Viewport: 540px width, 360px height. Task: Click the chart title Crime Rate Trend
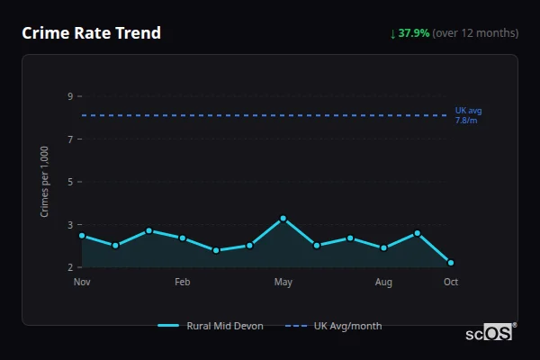click(x=91, y=33)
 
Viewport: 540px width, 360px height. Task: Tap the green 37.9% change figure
click(x=414, y=33)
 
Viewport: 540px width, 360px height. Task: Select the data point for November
click(x=82, y=236)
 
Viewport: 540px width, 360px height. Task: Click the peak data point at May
click(x=283, y=219)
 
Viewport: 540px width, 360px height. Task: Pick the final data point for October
click(x=451, y=263)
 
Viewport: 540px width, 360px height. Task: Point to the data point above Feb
click(x=183, y=238)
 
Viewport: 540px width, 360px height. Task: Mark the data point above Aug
click(x=384, y=247)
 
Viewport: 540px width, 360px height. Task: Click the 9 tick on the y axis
click(x=70, y=96)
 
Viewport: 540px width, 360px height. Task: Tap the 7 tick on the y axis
click(x=70, y=139)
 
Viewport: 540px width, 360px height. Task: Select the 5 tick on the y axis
click(x=70, y=182)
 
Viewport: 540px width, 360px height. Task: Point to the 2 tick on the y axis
click(x=70, y=267)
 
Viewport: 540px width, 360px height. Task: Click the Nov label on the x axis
click(x=82, y=283)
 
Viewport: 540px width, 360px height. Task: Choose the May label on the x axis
click(x=283, y=283)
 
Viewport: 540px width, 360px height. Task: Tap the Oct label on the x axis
click(x=451, y=283)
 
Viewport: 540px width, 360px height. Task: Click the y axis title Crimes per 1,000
click(x=45, y=181)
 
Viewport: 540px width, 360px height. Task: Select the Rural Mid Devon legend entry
click(x=211, y=326)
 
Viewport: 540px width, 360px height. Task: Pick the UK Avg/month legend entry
click(x=334, y=326)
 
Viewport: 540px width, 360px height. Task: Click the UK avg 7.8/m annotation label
click(x=468, y=115)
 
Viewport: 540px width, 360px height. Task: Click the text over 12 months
click(x=475, y=33)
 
